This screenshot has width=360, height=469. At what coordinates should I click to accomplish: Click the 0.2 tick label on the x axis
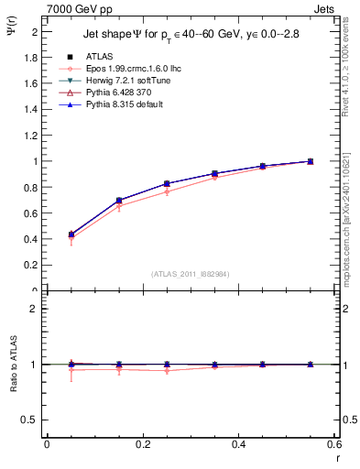click(142, 444)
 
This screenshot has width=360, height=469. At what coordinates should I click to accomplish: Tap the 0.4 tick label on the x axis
click(238, 444)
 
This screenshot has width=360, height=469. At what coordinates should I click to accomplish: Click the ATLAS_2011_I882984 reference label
click(190, 273)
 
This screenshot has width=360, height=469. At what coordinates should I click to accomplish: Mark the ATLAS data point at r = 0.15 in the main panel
click(118, 200)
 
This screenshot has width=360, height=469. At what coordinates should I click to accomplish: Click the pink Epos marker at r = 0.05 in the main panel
click(71, 238)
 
